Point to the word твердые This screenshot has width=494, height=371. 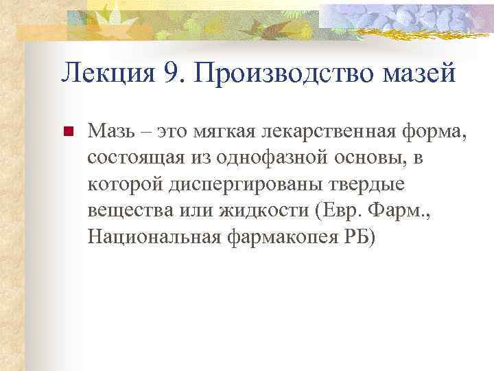[368, 184]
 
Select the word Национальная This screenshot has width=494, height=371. [153, 238]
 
